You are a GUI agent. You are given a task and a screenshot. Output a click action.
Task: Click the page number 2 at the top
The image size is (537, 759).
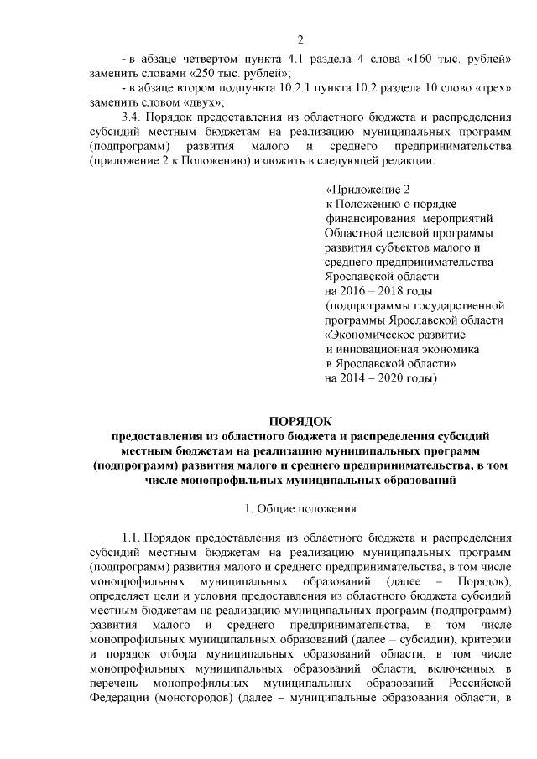(300, 39)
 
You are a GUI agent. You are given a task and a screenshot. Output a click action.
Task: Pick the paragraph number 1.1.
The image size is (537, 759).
(133, 538)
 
